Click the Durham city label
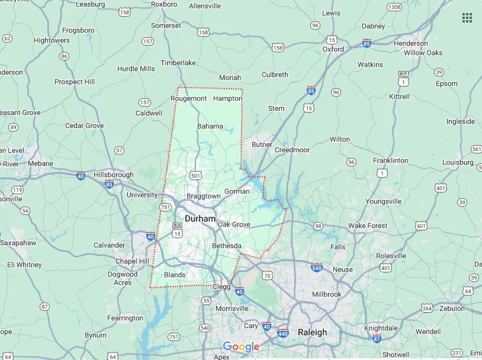[200, 218]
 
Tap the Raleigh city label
[312, 332]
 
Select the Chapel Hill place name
[135, 261]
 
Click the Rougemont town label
[188, 98]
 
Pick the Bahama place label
[210, 126]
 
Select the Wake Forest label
[368, 226]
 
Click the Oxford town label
[333, 50]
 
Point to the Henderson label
[410, 43]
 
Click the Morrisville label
[232, 308]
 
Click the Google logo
[241, 347]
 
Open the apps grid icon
[467, 18]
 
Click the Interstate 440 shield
[283, 333]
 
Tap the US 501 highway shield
[196, 175]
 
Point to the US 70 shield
[268, 275]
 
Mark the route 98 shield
[318, 226]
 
